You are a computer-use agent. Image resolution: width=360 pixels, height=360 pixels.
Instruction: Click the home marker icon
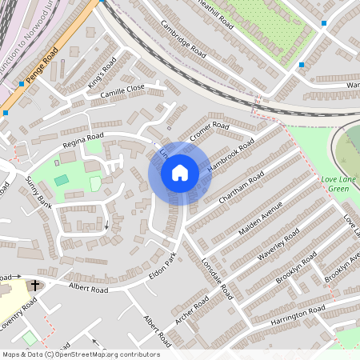tap(179, 172)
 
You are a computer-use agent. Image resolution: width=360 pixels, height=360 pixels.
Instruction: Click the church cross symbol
tap(34, 285)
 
